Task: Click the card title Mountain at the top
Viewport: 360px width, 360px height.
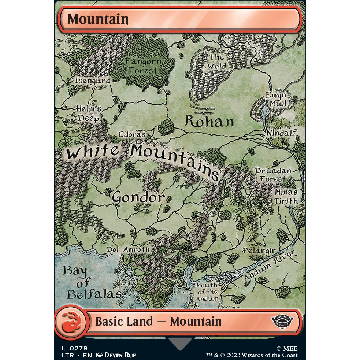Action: tap(98, 19)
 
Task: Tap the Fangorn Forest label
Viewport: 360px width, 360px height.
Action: tap(143, 66)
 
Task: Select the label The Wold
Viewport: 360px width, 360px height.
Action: tap(217, 62)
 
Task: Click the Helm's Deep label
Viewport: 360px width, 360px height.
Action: tap(88, 114)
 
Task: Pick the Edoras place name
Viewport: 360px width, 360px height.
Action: tap(132, 134)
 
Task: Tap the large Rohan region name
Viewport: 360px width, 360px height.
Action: tap(209, 121)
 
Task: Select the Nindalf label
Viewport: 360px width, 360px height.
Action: tap(281, 133)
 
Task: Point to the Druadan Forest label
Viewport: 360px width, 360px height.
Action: tap(273, 175)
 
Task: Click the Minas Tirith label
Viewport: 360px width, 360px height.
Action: tap(286, 196)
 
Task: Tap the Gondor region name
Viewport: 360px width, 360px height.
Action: tap(138, 197)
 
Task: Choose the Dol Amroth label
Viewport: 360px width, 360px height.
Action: tap(128, 249)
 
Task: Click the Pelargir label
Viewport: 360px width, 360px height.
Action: tap(259, 251)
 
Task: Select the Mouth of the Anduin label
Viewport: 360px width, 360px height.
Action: tap(207, 292)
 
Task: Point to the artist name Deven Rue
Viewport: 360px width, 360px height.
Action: tap(120, 355)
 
